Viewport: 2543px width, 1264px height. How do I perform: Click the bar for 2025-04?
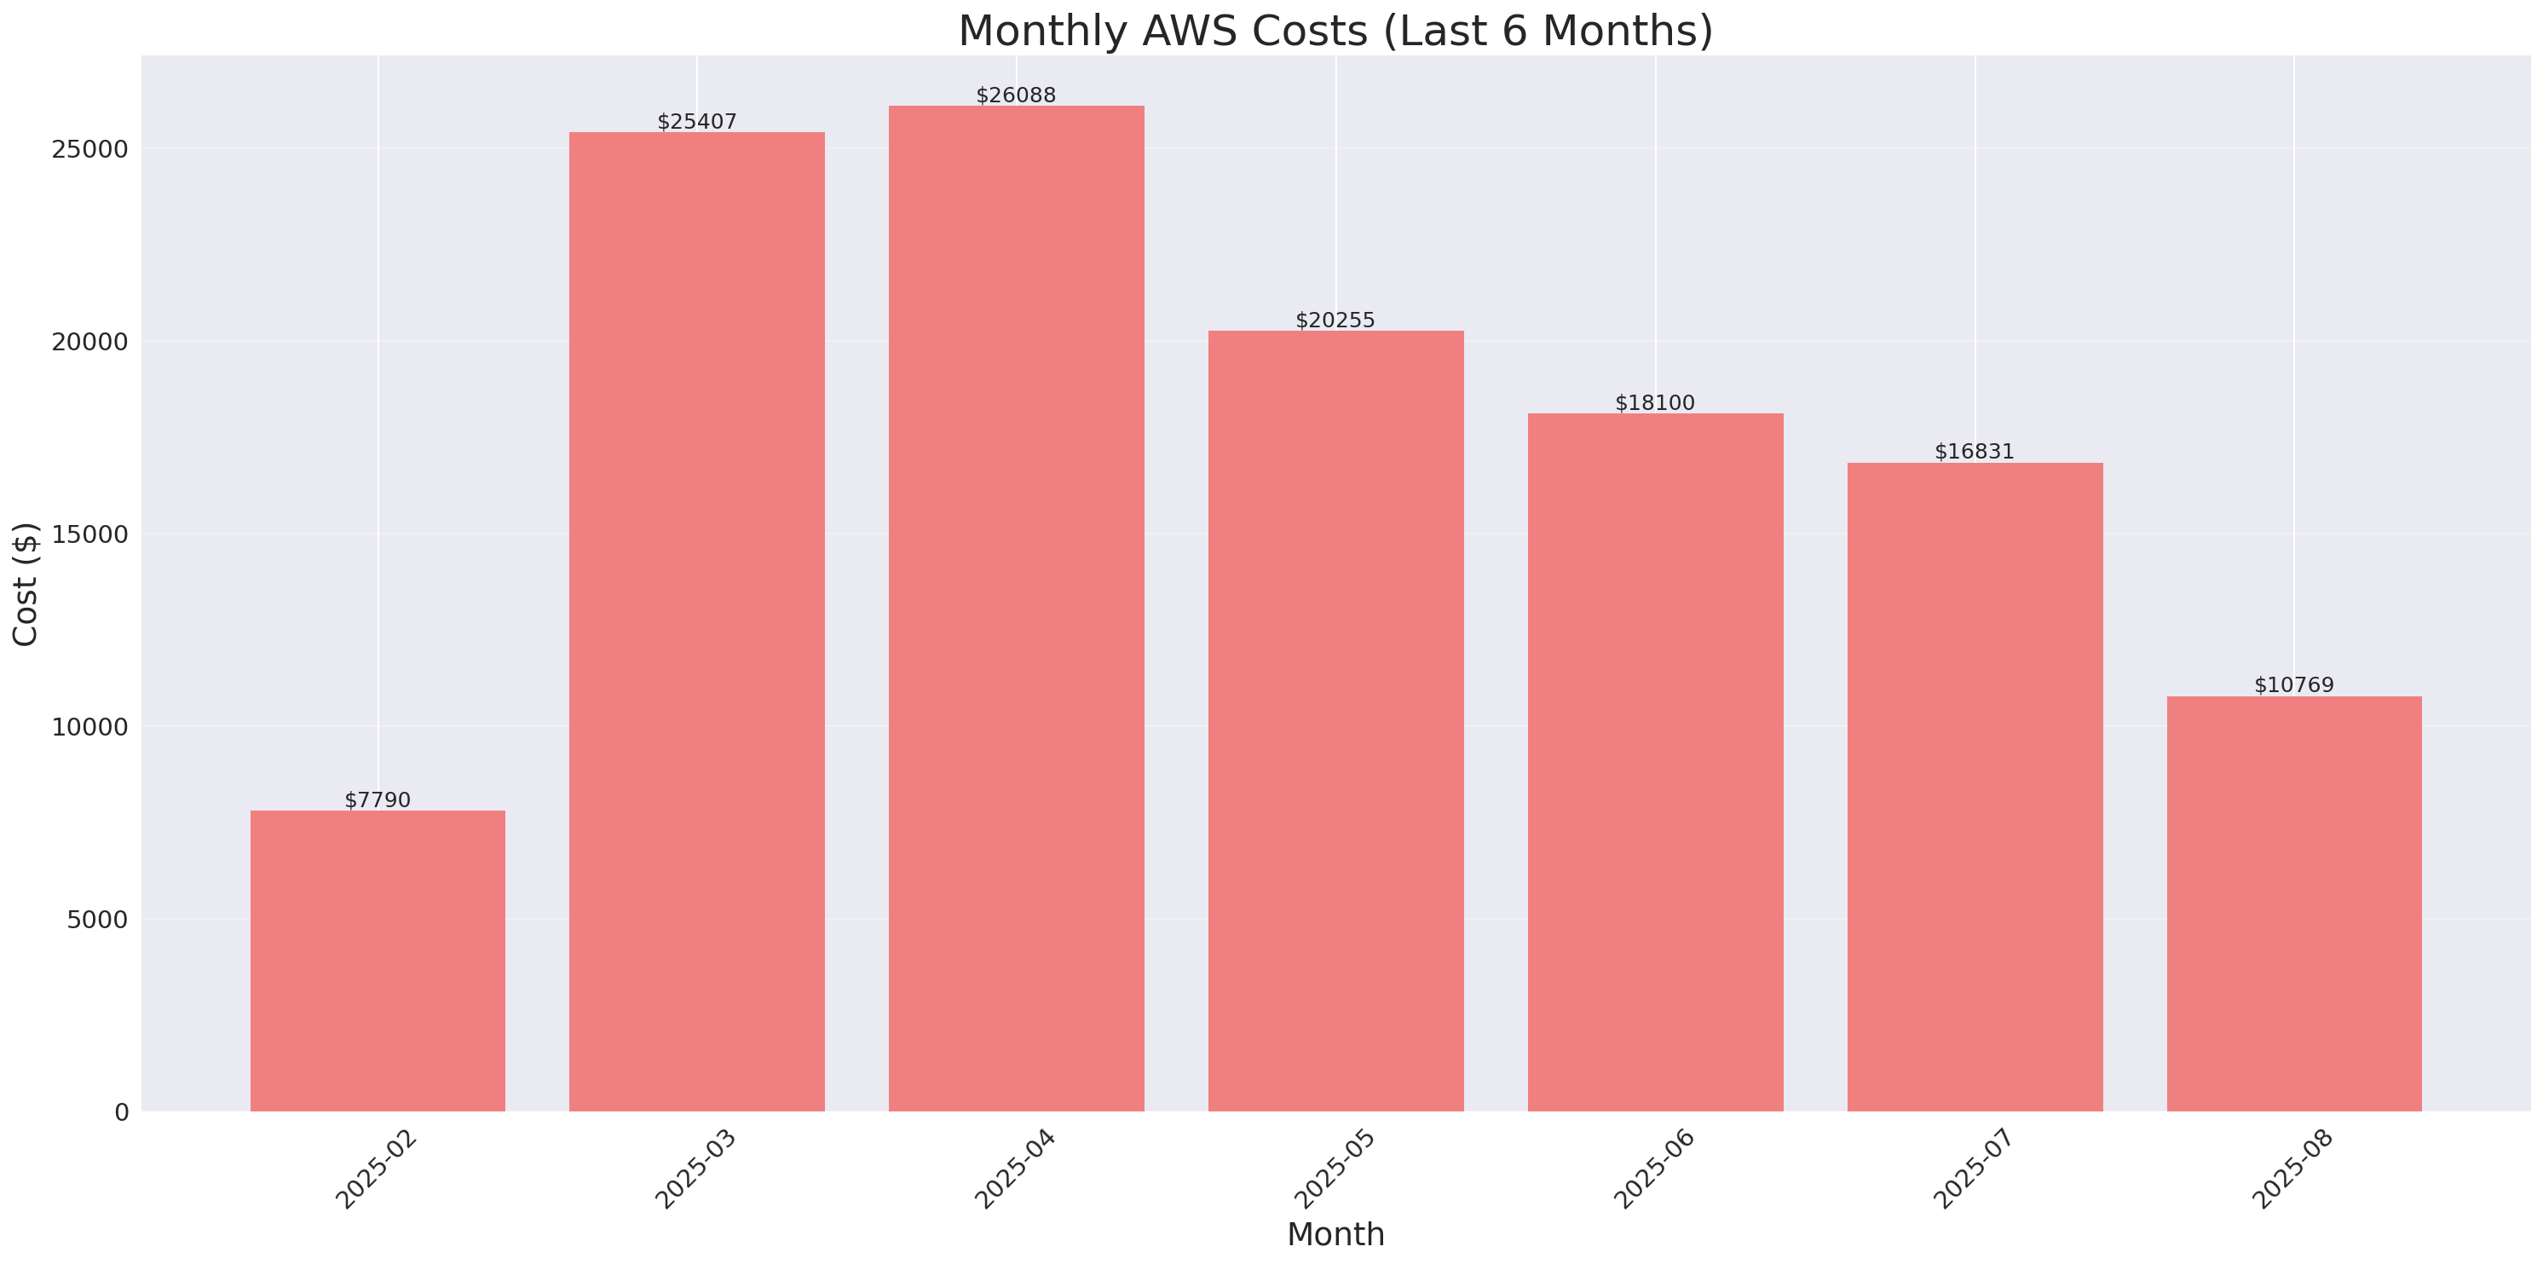pyautogui.click(x=1016, y=608)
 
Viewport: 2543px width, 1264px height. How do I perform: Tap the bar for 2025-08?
pyautogui.click(x=2293, y=903)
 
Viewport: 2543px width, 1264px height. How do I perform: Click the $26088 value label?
pyautogui.click(x=1016, y=95)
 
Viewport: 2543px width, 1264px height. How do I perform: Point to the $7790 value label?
pyautogui.click(x=378, y=799)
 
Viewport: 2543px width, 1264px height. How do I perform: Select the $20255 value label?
pyautogui.click(x=1335, y=320)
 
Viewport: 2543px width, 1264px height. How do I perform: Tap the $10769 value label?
pyautogui.click(x=2293, y=685)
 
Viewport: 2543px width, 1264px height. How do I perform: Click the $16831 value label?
pyautogui.click(x=1974, y=451)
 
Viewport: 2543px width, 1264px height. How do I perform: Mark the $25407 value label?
pyautogui.click(x=697, y=122)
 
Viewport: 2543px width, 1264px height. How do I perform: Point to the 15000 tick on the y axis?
pyautogui.click(x=89, y=534)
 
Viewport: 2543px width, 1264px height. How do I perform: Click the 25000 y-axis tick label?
pyautogui.click(x=89, y=149)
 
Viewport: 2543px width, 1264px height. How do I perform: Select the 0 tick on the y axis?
pyautogui.click(x=121, y=1113)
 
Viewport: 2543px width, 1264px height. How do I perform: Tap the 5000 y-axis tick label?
pyautogui.click(x=97, y=921)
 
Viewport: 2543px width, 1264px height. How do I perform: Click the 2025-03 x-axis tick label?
pyautogui.click(x=695, y=1169)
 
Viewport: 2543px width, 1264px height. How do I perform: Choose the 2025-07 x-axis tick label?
pyautogui.click(x=1972, y=1169)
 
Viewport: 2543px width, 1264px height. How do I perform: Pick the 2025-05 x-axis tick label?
pyautogui.click(x=1334, y=1169)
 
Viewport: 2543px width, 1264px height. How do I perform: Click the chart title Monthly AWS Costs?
pyautogui.click(x=1335, y=31)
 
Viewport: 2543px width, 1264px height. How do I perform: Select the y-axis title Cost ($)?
pyautogui.click(x=25, y=584)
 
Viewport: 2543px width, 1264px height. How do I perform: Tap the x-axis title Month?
pyautogui.click(x=1335, y=1234)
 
